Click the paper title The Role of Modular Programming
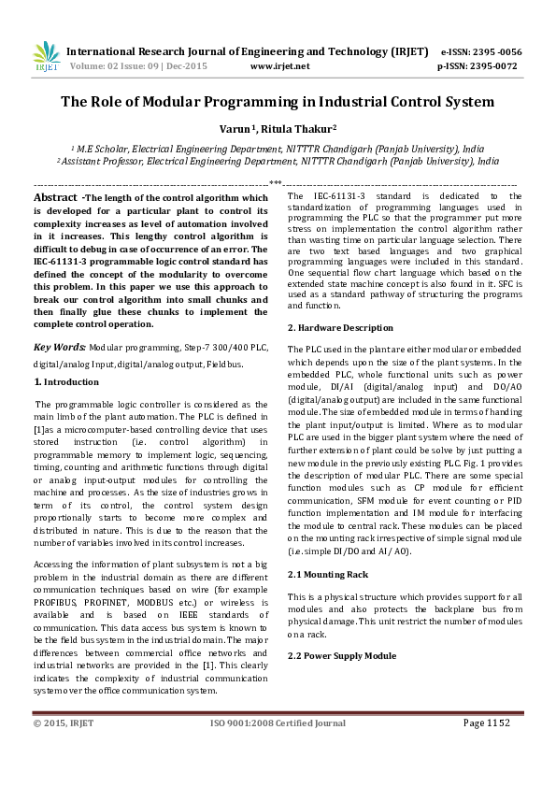click(278, 103)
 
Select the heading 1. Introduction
click(66, 382)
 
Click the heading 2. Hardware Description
click(340, 328)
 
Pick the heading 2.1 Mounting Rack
click(327, 573)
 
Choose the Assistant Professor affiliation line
click(278, 161)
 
